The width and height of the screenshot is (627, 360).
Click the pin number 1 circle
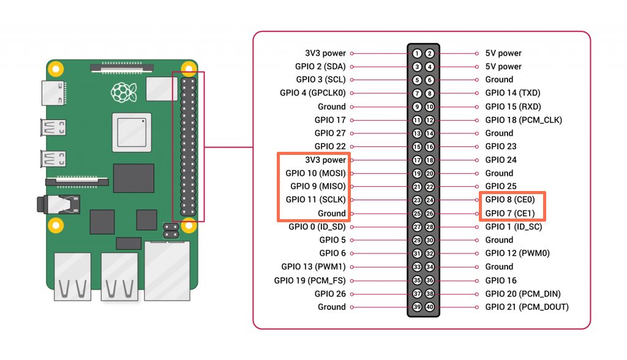tap(417, 53)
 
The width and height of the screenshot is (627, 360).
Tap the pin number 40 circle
tap(430, 307)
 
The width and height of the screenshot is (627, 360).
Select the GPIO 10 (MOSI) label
tap(315, 173)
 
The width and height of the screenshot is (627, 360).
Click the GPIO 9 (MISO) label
tap(318, 186)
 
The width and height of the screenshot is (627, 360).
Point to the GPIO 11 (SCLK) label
tap(315, 200)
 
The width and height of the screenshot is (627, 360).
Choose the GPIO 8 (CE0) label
tap(510, 200)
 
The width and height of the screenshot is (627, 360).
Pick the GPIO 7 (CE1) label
tap(510, 213)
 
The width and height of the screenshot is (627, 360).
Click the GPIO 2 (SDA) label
tap(320, 66)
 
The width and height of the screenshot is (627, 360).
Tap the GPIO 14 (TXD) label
tap(513, 93)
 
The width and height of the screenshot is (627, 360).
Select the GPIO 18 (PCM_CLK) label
tap(524, 120)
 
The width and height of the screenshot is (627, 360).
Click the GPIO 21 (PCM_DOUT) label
tap(527, 307)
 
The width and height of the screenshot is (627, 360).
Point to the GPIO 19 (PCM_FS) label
tap(310, 280)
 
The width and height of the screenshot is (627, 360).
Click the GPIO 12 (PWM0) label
tap(518, 253)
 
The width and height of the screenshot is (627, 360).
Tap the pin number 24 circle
tap(430, 200)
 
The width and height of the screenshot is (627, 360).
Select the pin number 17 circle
tap(417, 160)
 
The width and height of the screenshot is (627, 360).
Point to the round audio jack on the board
tap(42, 204)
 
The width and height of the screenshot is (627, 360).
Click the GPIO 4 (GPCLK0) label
tap(312, 93)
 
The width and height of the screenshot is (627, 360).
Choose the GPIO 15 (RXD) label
tap(513, 107)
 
